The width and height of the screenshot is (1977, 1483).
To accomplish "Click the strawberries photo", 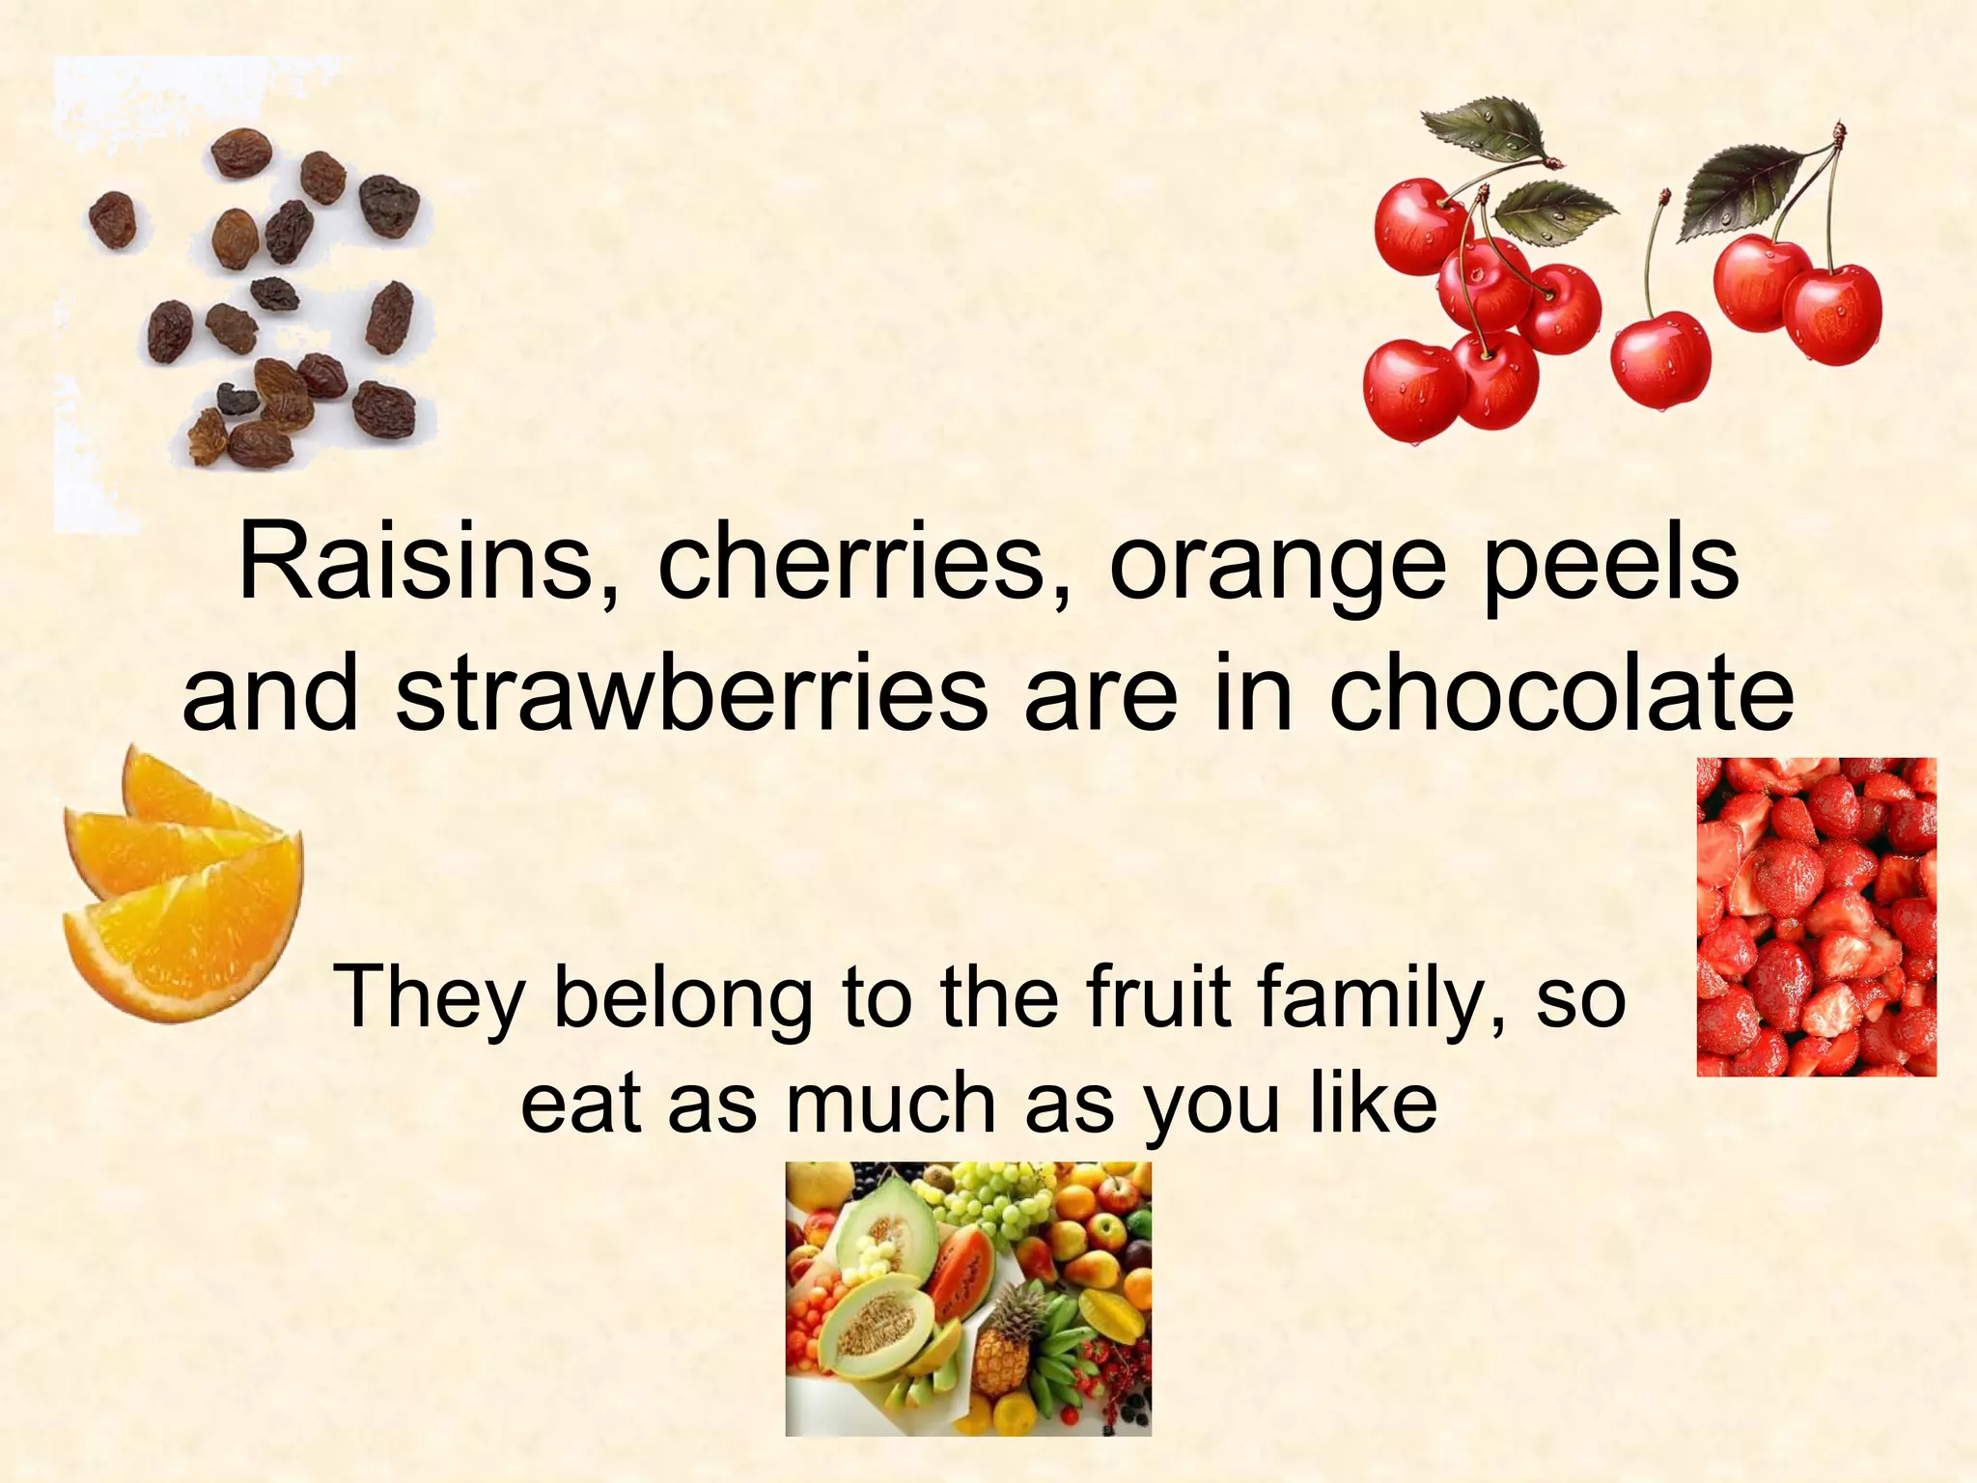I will click(x=1816, y=916).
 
